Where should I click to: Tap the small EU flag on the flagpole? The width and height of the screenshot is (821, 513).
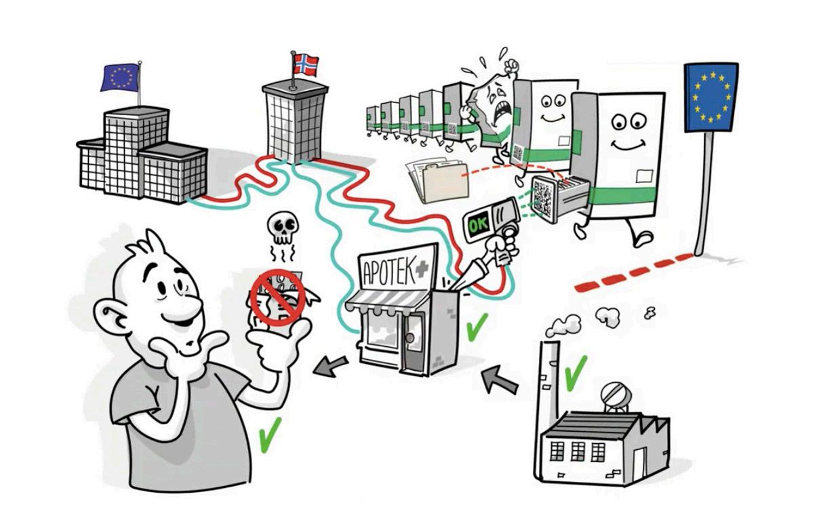pos(120,77)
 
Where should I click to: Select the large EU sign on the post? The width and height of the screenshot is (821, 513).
pos(710,98)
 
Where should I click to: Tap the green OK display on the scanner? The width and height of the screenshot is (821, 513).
pos(477,224)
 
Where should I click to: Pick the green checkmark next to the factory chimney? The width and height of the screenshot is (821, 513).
pos(575,367)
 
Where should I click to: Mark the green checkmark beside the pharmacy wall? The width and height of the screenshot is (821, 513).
pos(477,327)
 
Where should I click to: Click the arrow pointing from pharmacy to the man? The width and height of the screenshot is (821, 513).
pos(332,367)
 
